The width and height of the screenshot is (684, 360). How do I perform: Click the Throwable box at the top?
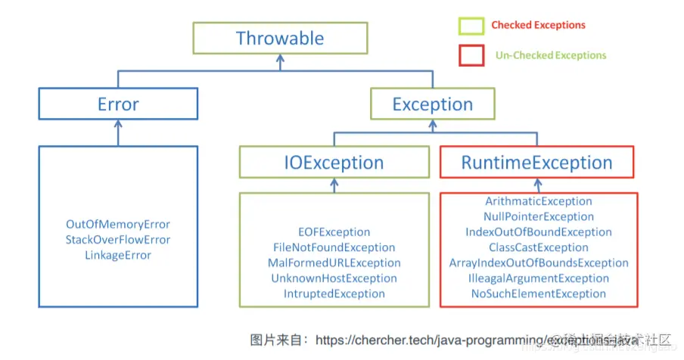pos(280,38)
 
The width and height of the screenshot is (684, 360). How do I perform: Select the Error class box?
pos(118,104)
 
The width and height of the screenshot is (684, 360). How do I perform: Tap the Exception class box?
pos(432,104)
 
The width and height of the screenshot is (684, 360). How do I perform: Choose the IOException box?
pos(333,163)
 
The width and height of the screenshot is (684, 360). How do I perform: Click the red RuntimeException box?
pos(537,163)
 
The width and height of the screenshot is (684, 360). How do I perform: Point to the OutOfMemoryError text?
pos(118,225)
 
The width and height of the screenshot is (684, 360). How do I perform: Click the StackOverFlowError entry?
pos(118,240)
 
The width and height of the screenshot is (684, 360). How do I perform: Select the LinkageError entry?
pos(118,256)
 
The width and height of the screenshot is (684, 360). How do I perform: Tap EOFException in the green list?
pos(334,232)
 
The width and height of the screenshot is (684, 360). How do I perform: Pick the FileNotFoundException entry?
pos(334,247)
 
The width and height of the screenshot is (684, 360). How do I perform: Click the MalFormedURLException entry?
pos(334,263)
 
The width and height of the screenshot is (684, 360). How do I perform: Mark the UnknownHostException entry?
pos(334,278)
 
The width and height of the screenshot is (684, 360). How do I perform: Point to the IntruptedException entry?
pos(334,293)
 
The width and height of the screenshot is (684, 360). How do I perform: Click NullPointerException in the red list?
pos(539,217)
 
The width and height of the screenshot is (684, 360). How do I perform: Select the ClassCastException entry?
pos(539,247)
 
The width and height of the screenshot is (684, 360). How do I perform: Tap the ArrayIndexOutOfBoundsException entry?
pos(539,263)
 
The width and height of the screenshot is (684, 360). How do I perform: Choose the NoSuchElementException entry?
pos(539,293)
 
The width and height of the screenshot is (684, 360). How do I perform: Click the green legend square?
pos(471,26)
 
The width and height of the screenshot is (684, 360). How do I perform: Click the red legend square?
pos(471,55)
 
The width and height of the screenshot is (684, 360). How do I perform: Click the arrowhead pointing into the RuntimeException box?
pos(537,183)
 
